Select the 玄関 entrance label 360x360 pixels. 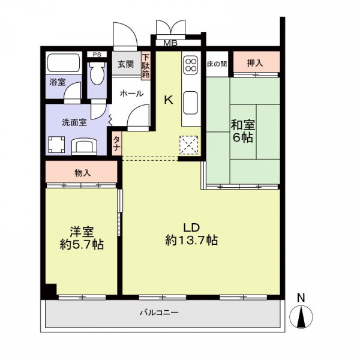pyautogui.click(x=125, y=65)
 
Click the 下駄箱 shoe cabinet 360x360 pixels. pyautogui.click(x=145, y=66)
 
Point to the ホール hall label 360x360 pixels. pyautogui.click(x=131, y=94)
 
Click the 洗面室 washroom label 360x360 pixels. pyautogui.click(x=74, y=122)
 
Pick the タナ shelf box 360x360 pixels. pyautogui.click(x=116, y=145)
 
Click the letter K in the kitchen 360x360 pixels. pyautogui.click(x=169, y=100)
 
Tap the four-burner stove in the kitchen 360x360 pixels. pyautogui.click(x=191, y=64)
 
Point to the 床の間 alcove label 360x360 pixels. pyautogui.click(x=217, y=63)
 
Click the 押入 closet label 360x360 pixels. pyautogui.click(x=256, y=62)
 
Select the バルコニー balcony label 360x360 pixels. pyautogui.click(x=160, y=313)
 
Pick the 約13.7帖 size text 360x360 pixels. pyautogui.click(x=191, y=241)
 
